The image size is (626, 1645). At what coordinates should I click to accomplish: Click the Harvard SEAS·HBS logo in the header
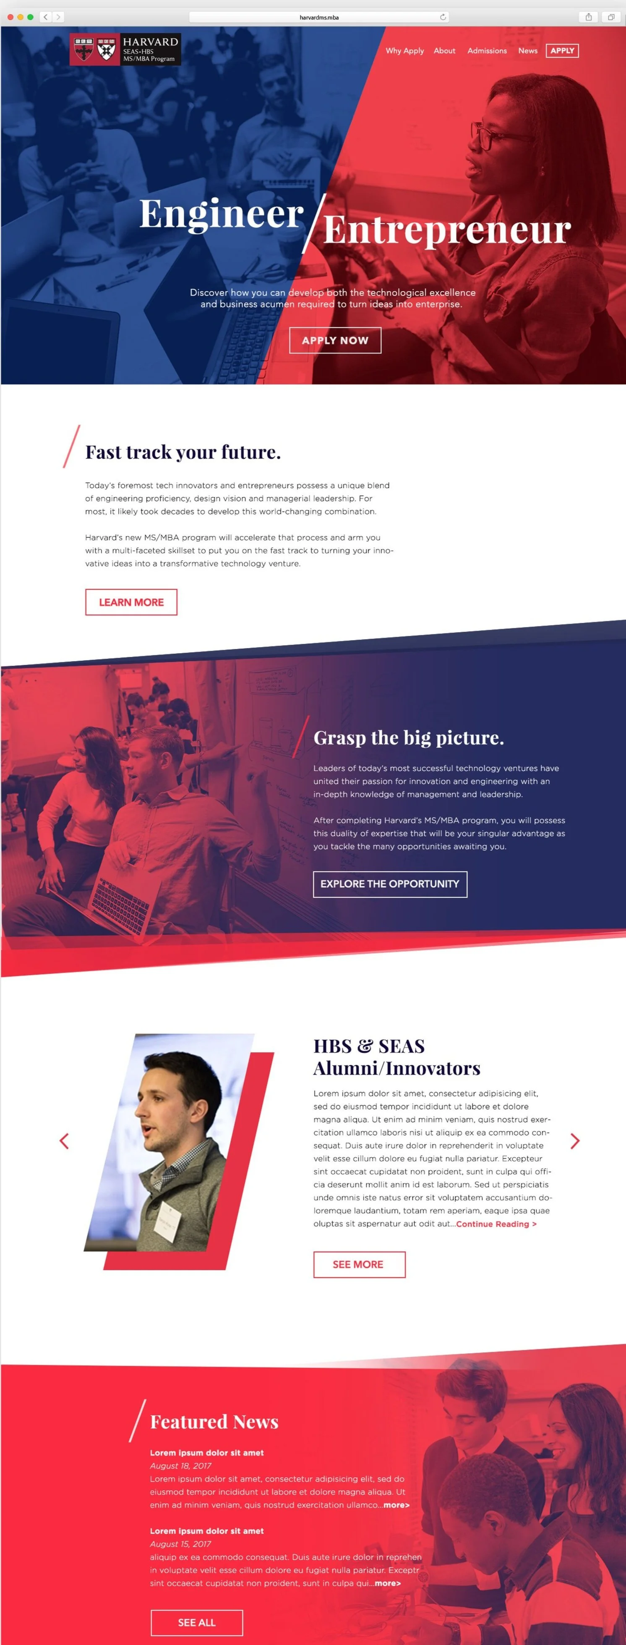tap(125, 49)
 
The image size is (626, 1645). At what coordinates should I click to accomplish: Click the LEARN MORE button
tap(131, 602)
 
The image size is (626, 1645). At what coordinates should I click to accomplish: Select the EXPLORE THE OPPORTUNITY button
tap(390, 884)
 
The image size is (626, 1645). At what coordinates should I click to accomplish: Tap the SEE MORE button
tap(359, 1264)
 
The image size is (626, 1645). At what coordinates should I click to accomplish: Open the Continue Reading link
tap(496, 1224)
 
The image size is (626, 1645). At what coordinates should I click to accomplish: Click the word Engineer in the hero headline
tap(222, 214)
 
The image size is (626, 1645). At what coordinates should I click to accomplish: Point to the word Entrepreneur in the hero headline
tap(447, 230)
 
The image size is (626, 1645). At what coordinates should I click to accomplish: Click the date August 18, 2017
tap(180, 1466)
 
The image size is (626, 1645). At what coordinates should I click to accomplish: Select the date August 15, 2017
tap(180, 1544)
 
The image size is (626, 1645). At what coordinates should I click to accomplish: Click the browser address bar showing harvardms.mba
tap(319, 17)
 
